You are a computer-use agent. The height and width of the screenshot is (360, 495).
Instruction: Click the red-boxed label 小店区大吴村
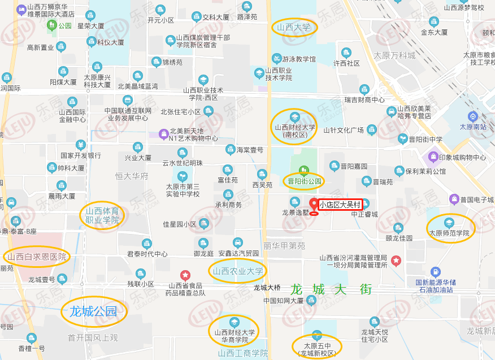pos(340,205)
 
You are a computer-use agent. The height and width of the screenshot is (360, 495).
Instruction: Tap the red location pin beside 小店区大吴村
pos(314,205)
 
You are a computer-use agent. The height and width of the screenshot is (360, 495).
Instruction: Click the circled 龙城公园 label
pos(93,311)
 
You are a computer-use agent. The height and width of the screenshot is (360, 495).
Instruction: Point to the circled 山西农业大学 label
pos(238,271)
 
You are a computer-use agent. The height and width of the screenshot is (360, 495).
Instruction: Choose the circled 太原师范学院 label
pos(450,232)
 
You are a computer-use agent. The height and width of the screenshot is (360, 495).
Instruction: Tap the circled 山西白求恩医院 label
pos(37,257)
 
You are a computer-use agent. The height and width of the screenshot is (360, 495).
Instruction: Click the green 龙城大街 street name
pos(331,289)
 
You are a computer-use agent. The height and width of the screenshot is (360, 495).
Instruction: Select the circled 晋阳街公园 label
pos(304,181)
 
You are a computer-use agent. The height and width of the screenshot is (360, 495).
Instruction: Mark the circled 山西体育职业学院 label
pos(102,215)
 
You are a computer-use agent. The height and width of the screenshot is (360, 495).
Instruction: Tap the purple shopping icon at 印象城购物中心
pos(433,156)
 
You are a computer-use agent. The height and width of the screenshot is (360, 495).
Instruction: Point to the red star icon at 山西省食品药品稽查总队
pos(185,275)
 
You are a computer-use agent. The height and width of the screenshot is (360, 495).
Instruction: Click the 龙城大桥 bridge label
pos(267,288)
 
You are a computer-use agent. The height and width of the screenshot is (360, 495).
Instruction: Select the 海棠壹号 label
pos(250,150)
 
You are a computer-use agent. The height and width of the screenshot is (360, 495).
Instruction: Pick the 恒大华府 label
pos(131,176)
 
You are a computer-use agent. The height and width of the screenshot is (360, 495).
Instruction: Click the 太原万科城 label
pos(394,55)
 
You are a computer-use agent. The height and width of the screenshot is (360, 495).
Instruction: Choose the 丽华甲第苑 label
pos(284,246)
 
